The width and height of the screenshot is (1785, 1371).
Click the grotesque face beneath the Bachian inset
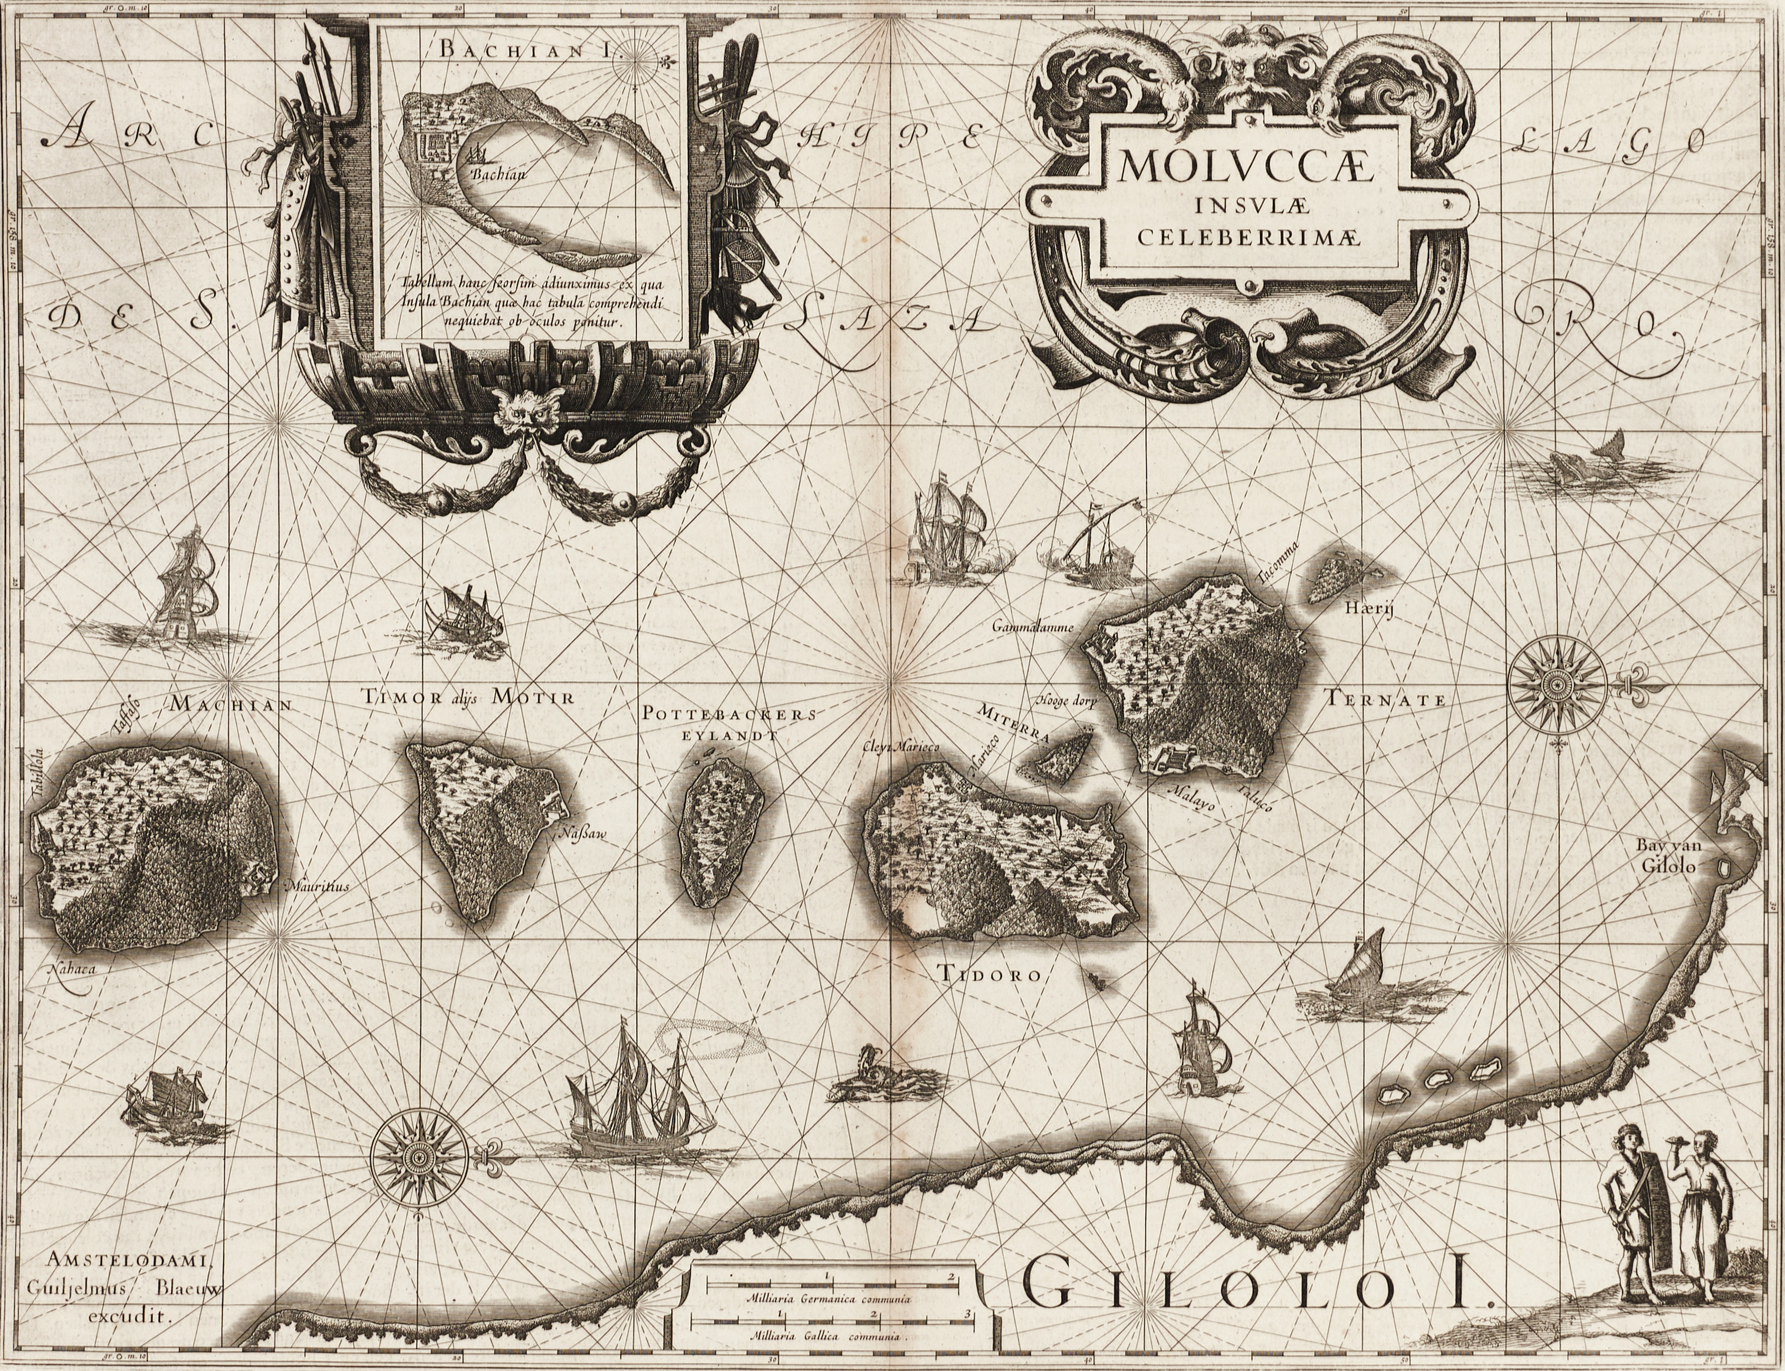click(519, 412)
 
